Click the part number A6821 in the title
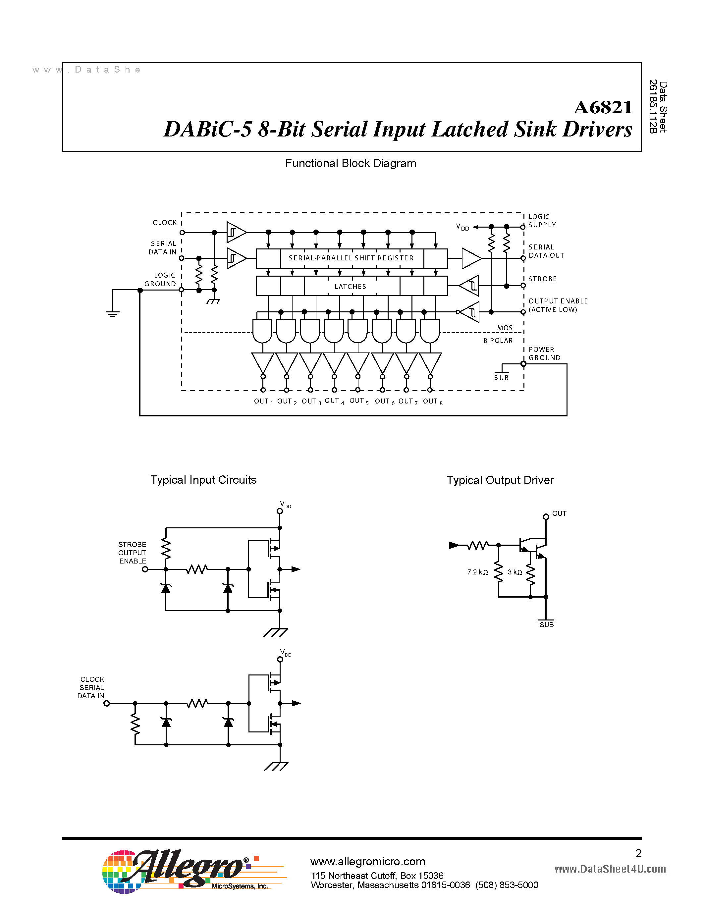603,108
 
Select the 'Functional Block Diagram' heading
350,163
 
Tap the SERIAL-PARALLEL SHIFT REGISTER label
351,258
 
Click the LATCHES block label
350,287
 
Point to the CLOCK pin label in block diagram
165,223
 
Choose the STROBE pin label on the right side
542,279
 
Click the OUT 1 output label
263,401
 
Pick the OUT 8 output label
432,401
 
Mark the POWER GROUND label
544,354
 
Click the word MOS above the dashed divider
505,328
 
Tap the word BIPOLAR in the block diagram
498,340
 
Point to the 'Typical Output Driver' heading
500,480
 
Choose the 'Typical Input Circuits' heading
203,480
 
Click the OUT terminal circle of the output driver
546,517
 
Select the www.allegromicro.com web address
367,861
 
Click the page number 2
638,853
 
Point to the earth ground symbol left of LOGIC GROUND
113,313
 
